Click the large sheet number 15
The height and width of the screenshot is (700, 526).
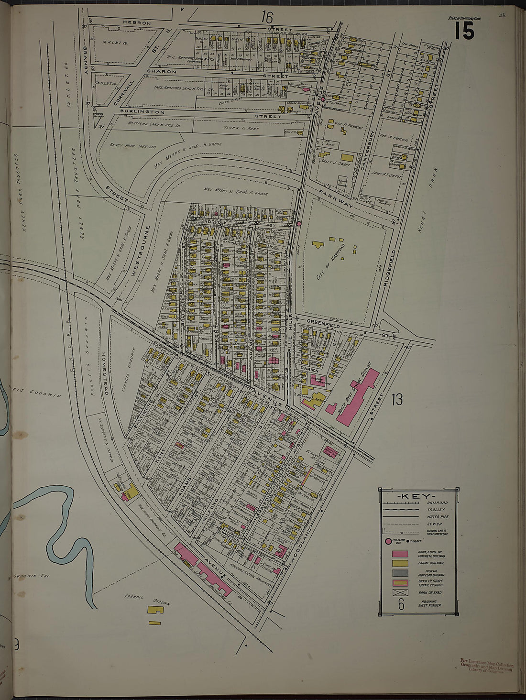pos(464,31)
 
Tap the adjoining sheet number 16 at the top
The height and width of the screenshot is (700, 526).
pos(266,18)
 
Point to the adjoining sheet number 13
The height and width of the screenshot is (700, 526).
pos(396,399)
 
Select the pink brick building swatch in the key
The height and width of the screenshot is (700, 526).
pos(400,554)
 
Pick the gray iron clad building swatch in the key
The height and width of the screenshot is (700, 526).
pos(400,573)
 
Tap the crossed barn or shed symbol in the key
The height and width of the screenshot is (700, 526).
pos(400,592)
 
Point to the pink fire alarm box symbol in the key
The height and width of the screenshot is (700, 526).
pos(388,542)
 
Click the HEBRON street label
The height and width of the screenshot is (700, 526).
pos(136,23)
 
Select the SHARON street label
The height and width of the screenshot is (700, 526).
pos(162,71)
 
